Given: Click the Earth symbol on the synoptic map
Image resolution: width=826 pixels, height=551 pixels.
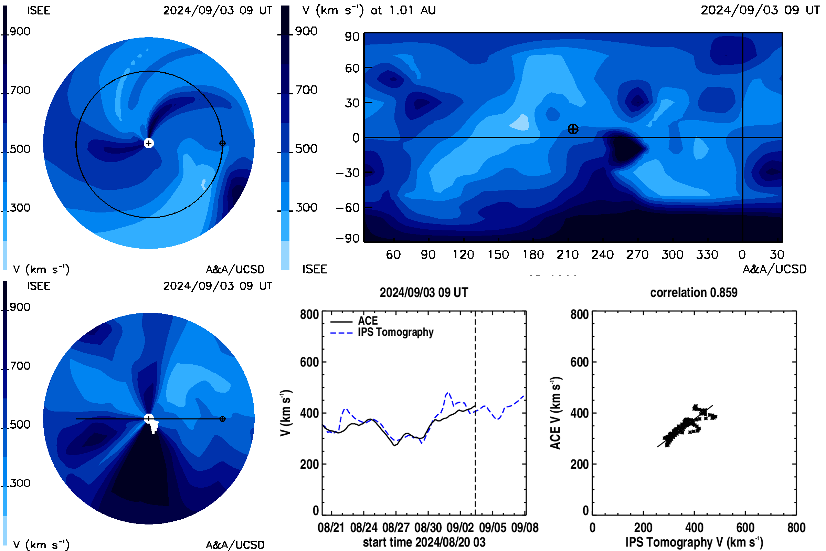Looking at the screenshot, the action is tap(573, 129).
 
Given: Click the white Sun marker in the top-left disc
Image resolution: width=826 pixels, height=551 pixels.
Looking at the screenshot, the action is tap(149, 143).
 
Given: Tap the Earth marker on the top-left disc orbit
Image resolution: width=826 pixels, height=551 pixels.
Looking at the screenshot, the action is tap(222, 143).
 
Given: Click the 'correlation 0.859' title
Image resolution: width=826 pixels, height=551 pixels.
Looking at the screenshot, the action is tap(693, 292).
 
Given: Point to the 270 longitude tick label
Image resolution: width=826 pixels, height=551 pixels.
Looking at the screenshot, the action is tap(637, 254).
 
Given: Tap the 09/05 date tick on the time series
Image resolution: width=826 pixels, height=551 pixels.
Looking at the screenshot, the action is tap(493, 528).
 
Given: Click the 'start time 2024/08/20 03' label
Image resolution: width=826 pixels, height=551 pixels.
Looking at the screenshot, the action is tap(424, 542).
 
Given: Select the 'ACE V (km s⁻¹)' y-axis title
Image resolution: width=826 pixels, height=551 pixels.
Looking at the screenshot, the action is tap(555, 413).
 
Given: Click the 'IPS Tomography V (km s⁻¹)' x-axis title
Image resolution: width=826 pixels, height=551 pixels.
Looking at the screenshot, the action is tap(694, 542).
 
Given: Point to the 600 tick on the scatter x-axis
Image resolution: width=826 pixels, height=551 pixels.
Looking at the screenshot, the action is tap(745, 528).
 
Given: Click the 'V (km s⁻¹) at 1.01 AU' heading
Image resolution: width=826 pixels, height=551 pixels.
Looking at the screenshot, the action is tap(369, 10).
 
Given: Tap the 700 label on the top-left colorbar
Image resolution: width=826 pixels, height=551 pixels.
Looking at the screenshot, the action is tap(20, 90).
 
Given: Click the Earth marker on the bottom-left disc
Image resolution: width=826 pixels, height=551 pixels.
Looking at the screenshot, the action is tap(222, 419).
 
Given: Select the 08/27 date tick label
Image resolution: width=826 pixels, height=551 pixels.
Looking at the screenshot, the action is tap(396, 528).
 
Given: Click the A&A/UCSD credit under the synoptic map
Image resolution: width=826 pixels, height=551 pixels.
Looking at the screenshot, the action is tap(774, 269).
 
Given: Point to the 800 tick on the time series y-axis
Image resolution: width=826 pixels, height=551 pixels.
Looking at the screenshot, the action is tap(309, 314).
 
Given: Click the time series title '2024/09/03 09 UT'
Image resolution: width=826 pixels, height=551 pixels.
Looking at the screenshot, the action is tap(424, 292).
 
